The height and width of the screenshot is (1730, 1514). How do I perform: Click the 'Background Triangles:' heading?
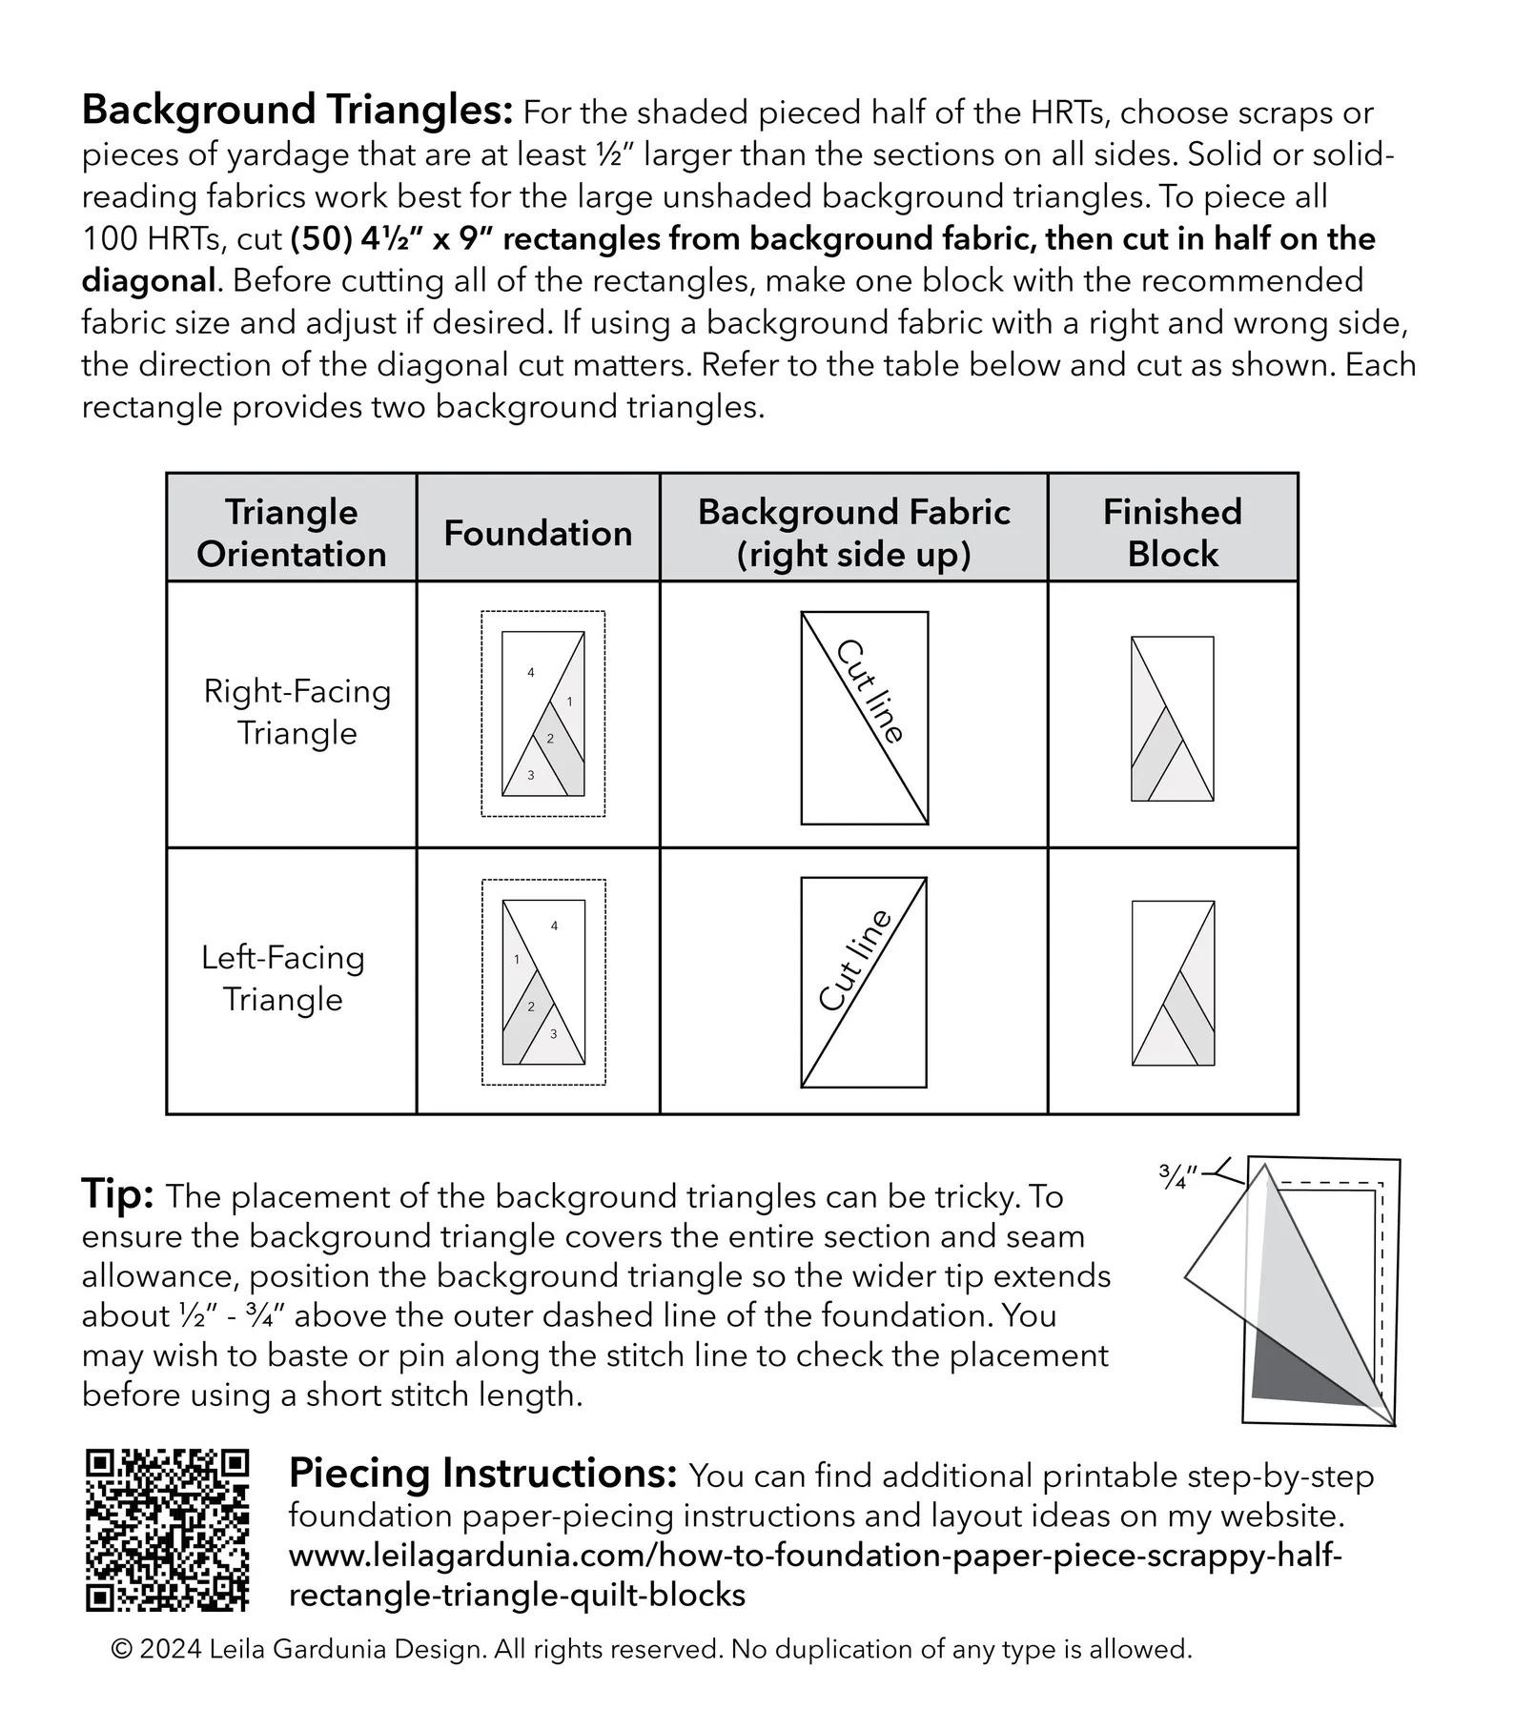point(298,111)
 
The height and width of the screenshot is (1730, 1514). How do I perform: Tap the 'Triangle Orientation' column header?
point(292,532)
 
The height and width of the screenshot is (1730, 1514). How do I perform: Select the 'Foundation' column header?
point(538,533)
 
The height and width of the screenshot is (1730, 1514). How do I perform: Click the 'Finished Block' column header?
point(1173,532)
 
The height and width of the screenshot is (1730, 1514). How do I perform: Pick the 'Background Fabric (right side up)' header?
point(854,532)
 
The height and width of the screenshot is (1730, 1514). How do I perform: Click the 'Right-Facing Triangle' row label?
point(297,711)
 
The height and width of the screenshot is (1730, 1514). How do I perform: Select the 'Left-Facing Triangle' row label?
point(283,977)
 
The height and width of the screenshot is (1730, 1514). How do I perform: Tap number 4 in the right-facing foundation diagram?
point(531,673)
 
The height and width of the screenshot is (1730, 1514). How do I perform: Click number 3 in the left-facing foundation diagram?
point(553,1034)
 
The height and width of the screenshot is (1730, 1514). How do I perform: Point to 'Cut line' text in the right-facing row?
point(869,691)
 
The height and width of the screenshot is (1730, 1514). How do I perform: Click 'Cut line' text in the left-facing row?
point(855,959)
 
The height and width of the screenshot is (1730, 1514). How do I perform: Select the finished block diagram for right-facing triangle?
point(1173,719)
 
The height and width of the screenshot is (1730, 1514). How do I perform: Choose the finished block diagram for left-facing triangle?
point(1173,983)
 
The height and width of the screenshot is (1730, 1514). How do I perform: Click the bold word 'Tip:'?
point(117,1193)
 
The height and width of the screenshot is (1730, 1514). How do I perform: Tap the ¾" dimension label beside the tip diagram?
point(1178,1175)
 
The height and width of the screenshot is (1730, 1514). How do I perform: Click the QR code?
point(168,1530)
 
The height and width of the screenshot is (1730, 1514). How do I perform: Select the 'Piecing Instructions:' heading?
point(482,1474)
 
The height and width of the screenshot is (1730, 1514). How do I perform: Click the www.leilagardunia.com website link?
point(815,1576)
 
